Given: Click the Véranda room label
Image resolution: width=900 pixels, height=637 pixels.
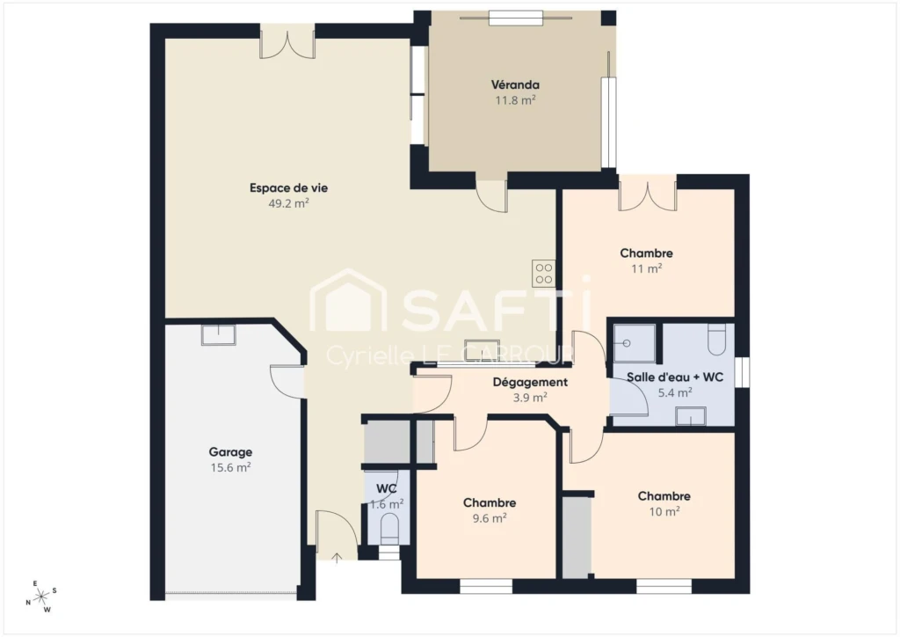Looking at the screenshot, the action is tap(515, 85).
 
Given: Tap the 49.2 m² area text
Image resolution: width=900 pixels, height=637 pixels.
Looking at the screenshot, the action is tap(288, 202).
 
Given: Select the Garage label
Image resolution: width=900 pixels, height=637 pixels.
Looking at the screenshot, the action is tap(230, 452).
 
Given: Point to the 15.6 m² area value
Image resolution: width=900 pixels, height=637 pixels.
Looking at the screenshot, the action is tap(230, 467).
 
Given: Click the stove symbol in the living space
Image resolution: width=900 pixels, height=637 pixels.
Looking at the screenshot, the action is tap(543, 274).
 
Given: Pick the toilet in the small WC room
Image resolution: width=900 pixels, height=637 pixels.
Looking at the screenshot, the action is tap(389, 527).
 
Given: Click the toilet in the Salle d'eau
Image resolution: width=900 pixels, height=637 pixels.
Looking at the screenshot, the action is tap(717, 339).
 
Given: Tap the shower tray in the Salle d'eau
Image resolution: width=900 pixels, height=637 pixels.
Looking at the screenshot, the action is tap(635, 343).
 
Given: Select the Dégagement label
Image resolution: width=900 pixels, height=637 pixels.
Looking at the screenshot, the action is tap(530, 382).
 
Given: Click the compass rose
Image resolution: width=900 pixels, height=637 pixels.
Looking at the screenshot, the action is tap(41, 597).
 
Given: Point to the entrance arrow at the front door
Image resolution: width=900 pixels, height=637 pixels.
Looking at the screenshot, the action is tap(337, 557).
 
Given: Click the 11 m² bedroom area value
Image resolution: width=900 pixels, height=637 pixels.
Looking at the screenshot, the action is tap(646, 268).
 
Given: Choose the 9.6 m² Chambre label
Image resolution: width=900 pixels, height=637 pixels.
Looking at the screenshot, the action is tap(489, 502).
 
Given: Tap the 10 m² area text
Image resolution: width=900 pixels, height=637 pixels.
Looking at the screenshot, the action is tap(664, 511).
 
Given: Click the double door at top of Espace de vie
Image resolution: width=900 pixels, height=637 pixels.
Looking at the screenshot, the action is tap(287, 41).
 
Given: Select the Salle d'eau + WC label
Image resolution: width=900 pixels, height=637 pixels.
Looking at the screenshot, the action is tap(674, 377).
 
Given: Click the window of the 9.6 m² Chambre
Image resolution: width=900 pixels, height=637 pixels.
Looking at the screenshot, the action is tap(485, 586).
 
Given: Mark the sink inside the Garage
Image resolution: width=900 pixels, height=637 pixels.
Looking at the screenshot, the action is tap(218, 334).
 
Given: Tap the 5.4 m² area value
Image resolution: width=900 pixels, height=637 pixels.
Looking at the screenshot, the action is tap(674, 392).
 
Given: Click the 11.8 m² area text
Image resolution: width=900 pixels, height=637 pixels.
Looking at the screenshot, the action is tap(515, 100).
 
